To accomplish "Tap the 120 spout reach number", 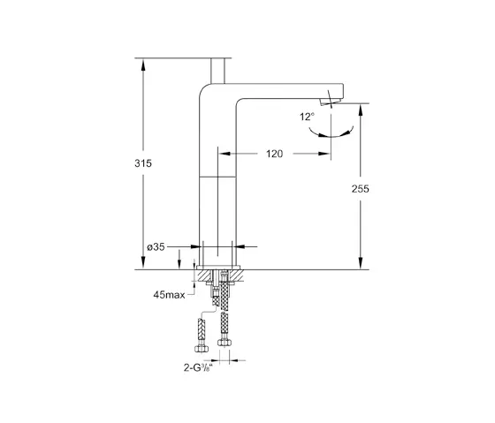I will pos(274,154).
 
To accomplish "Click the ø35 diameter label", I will pos(156,246).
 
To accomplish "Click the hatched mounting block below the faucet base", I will pos(217,276).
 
